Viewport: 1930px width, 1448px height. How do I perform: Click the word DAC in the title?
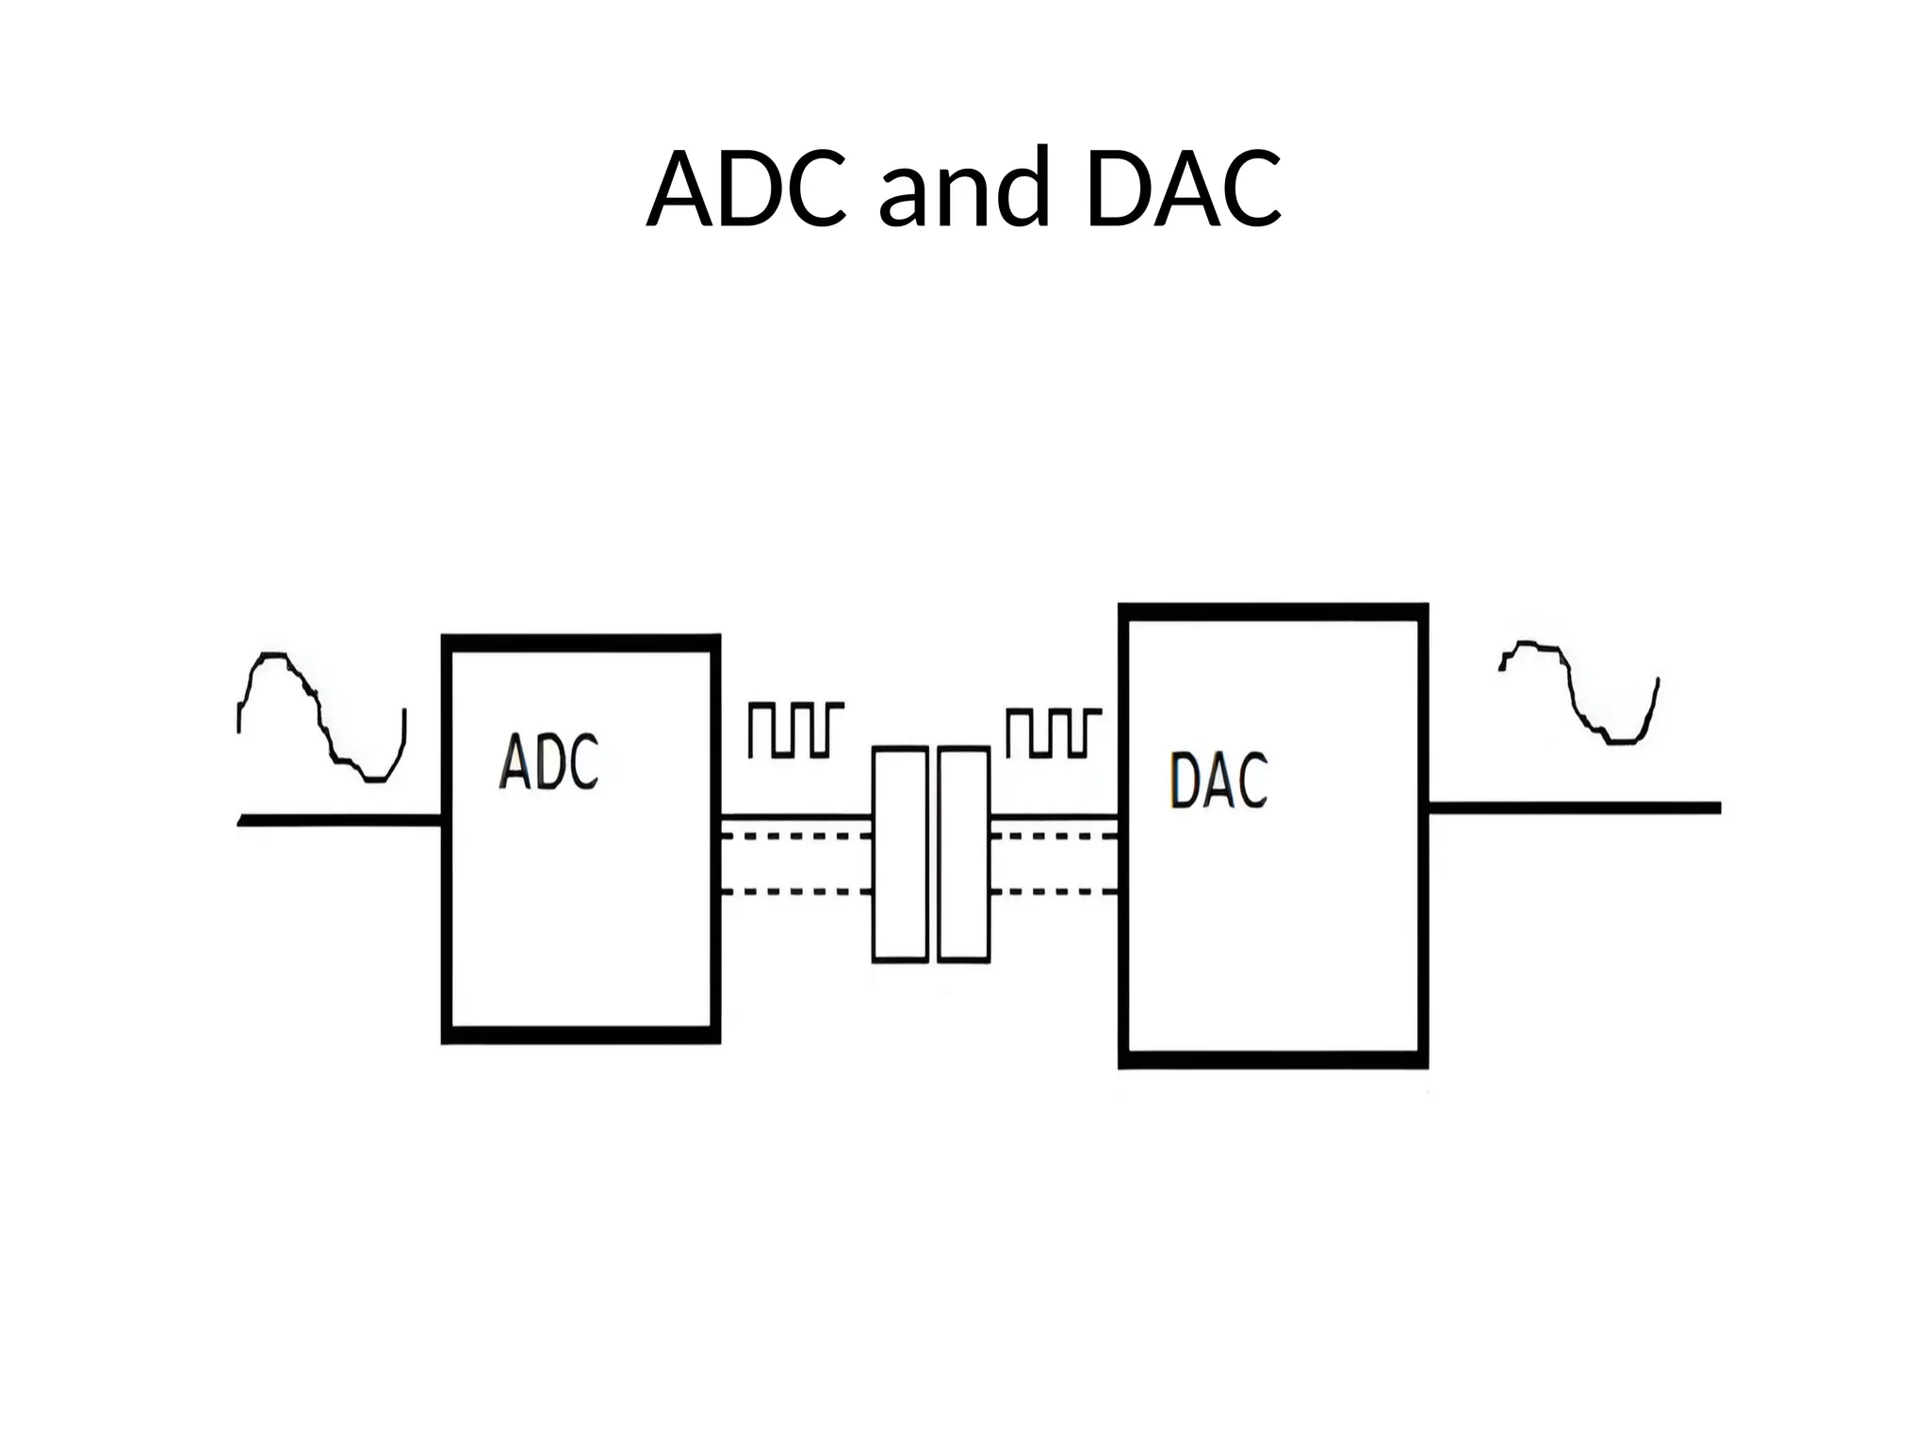(1183, 189)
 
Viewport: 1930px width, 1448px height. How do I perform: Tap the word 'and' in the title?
(963, 189)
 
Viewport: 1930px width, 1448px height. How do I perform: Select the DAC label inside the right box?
(1219, 781)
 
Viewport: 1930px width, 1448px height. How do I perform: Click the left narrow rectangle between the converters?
(900, 854)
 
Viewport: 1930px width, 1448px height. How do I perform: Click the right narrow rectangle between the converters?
(964, 854)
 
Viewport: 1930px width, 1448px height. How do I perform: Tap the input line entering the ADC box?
(339, 820)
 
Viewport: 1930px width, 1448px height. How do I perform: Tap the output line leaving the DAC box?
(1574, 808)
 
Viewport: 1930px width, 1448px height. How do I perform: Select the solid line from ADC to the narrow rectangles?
(796, 816)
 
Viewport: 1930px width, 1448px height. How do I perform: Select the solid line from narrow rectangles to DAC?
(1054, 816)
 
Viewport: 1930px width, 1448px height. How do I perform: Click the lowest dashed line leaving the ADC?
(796, 891)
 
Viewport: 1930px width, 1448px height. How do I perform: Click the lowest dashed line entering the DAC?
(1054, 891)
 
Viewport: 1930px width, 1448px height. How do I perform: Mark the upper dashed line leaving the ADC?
(796, 836)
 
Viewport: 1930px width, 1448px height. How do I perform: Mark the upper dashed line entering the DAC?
(1054, 836)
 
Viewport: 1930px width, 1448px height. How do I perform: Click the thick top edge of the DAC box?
(1272, 612)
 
